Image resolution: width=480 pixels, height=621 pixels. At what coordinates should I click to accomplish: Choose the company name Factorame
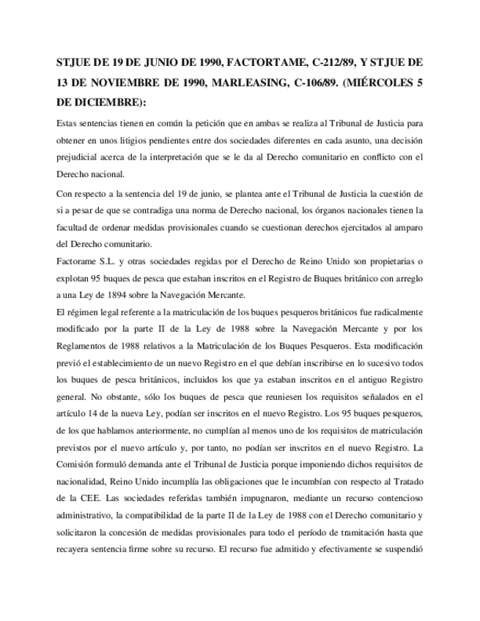click(x=77, y=261)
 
